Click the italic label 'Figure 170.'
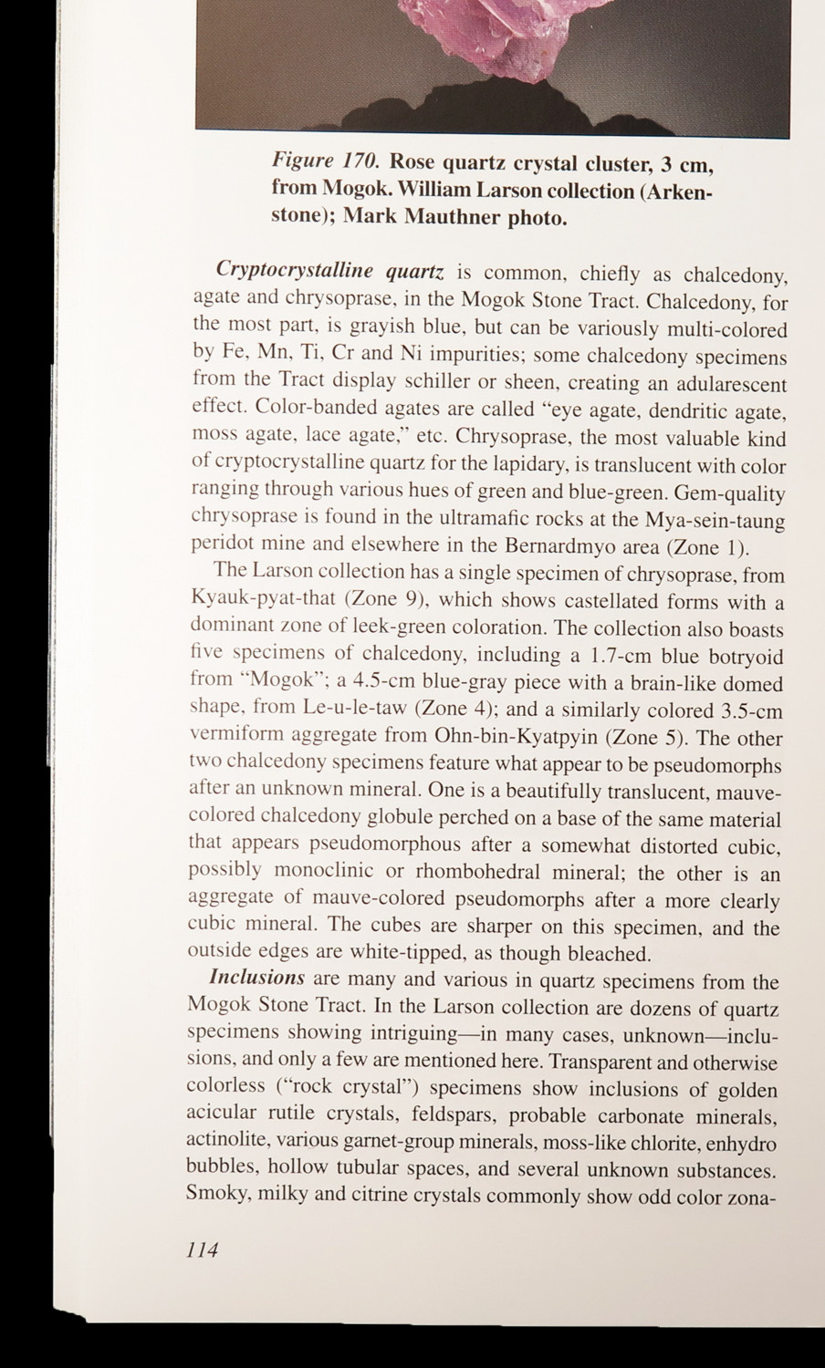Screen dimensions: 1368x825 pyautogui.click(x=324, y=161)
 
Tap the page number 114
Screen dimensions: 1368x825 pyautogui.click(x=201, y=1249)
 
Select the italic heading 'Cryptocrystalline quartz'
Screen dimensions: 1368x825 pyautogui.click(x=329, y=271)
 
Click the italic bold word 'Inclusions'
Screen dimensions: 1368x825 pyautogui.click(x=256, y=977)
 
